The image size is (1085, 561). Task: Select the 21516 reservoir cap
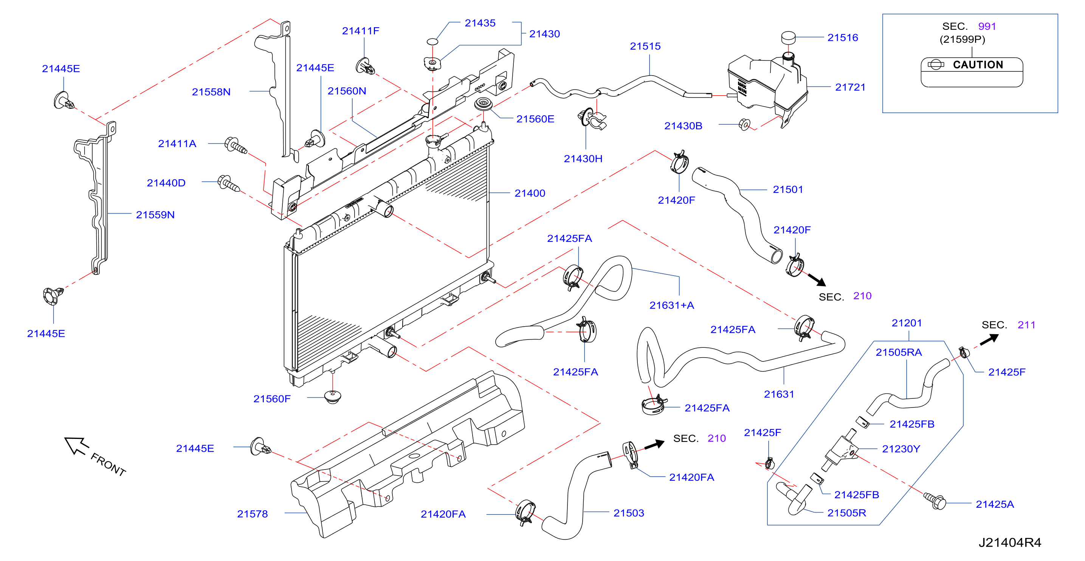point(788,37)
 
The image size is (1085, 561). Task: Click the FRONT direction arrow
point(76,445)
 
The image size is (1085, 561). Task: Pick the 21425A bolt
point(935,501)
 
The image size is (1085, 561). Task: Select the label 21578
point(252,514)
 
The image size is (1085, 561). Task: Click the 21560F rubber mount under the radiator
point(333,396)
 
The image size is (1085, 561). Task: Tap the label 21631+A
point(671,305)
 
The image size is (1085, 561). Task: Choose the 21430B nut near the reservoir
point(744,125)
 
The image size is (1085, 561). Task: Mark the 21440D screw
point(228,184)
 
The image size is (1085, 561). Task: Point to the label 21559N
point(155,215)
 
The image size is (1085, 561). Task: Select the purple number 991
point(987,26)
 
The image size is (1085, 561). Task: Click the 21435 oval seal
point(432,41)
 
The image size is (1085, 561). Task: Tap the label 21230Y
point(901,449)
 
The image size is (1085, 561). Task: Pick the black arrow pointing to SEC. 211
point(989,339)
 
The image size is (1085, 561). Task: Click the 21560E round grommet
point(484,104)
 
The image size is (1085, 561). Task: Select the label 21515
point(645,46)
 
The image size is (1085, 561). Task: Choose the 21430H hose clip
point(591,119)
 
